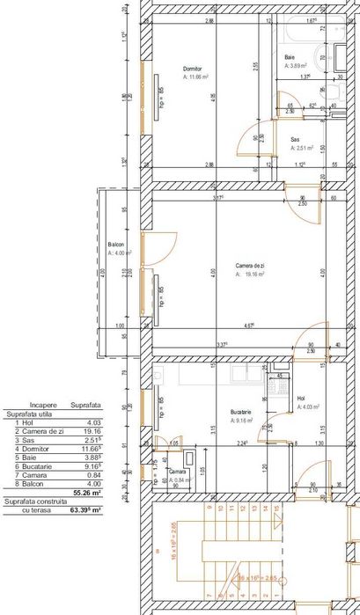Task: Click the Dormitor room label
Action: tap(192, 69)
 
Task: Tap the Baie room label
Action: tap(289, 56)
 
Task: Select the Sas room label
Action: tap(295, 140)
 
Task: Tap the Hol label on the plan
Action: tap(301, 399)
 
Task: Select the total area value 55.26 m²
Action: tap(86, 494)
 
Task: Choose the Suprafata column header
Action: tap(84, 405)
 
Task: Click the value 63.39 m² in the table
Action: tap(84, 509)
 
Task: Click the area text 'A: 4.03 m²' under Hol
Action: tap(310, 407)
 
